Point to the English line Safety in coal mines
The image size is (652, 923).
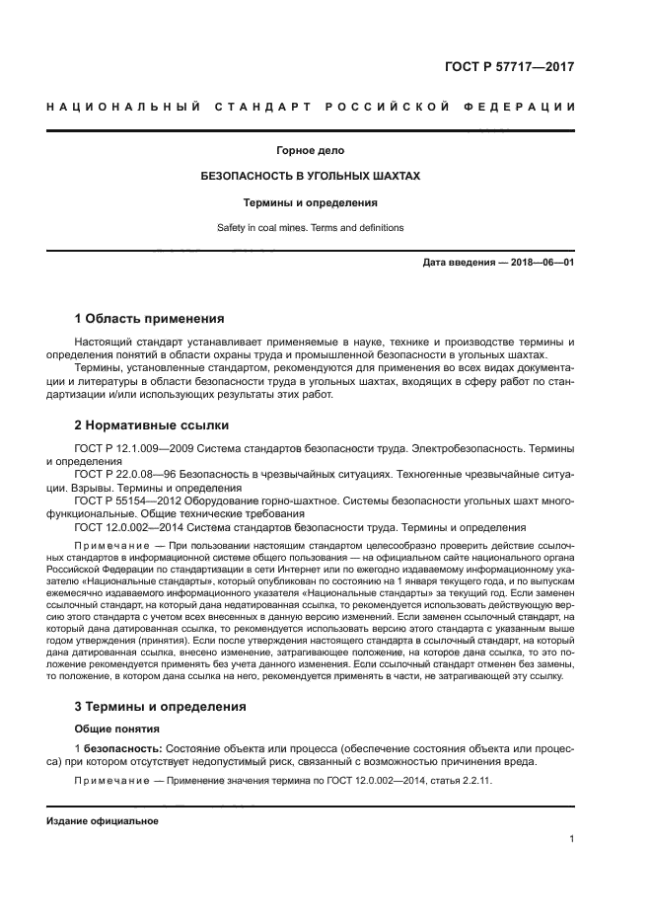pos(311,228)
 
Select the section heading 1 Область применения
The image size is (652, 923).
pos(150,319)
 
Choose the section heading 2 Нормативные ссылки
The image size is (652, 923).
pos(152,425)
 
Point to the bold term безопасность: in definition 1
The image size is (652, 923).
pos(123,748)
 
